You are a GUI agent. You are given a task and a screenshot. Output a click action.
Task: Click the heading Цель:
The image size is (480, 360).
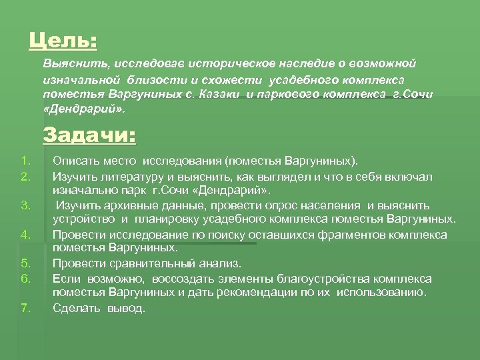point(63,41)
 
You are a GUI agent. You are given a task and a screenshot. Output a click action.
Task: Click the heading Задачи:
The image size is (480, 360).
point(89,136)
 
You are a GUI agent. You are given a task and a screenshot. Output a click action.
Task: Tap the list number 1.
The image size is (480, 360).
point(25,161)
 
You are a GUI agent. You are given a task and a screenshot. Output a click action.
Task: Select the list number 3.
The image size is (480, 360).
point(26,205)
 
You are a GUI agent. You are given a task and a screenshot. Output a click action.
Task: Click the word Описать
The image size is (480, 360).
point(74,161)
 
